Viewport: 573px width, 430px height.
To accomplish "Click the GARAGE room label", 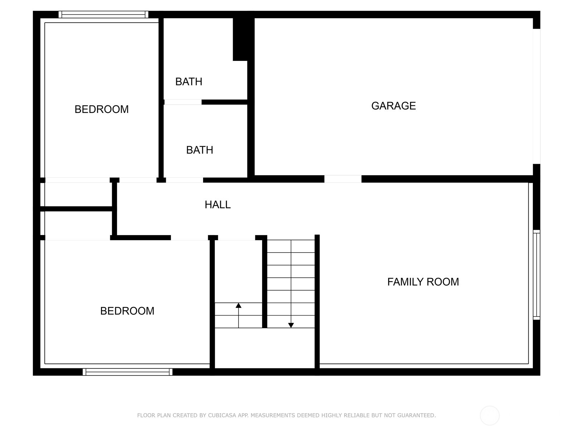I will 393,106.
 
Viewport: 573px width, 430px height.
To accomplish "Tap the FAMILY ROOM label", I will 423,282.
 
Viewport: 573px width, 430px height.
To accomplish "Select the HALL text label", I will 217,205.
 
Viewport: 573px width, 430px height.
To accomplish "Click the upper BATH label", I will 189,82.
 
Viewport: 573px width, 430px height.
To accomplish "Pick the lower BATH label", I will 199,150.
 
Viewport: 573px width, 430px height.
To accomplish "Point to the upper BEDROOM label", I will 101,109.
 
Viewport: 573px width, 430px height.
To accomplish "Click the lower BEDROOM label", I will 127,311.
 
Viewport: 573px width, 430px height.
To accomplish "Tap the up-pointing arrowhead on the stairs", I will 239,305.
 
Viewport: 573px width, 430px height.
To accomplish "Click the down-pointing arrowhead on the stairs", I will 291,325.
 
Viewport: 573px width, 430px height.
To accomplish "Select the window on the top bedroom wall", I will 103,15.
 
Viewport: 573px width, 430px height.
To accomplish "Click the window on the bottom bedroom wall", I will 127,372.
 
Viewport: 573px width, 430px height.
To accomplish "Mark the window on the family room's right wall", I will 536,275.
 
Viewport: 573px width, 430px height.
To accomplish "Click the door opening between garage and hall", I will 343,179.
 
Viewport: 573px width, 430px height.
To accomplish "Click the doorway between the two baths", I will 183,102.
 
